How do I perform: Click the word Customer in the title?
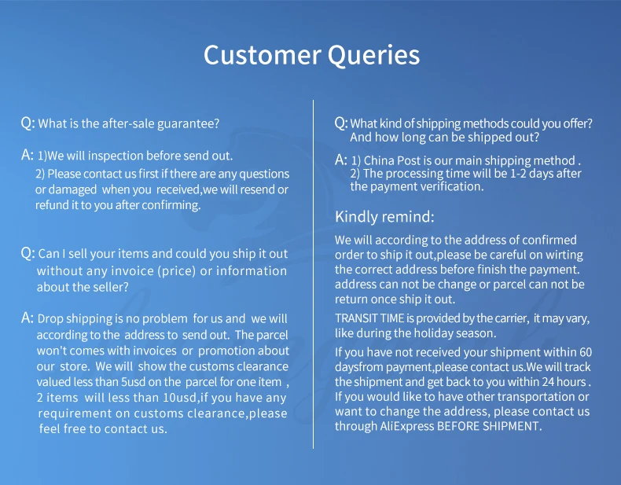pos(263,55)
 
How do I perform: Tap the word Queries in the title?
pos(373,56)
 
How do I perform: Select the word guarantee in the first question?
pos(188,124)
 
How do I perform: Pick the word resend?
pos(257,189)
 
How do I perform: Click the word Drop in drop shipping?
pos(50,319)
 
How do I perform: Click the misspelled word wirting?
pos(564,255)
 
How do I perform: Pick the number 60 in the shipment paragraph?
pos(586,352)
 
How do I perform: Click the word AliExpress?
pos(406,426)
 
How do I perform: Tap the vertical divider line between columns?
pos(314,274)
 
